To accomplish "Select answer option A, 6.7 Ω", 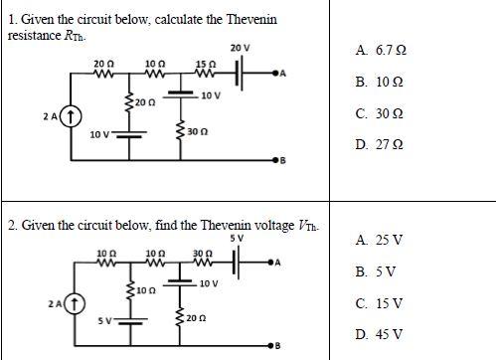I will click(x=380, y=49).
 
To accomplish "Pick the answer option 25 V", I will click(x=378, y=240).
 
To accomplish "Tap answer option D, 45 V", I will click(x=378, y=333).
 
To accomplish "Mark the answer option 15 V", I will click(x=378, y=302).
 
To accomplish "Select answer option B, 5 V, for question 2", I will click(x=375, y=270).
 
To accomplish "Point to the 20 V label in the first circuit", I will click(x=240, y=48).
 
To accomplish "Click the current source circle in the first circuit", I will click(x=70, y=117).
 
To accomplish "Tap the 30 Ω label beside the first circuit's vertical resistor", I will click(x=196, y=130).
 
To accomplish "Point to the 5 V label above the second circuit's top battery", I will click(x=236, y=239).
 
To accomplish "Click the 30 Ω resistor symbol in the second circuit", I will click(x=203, y=263).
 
